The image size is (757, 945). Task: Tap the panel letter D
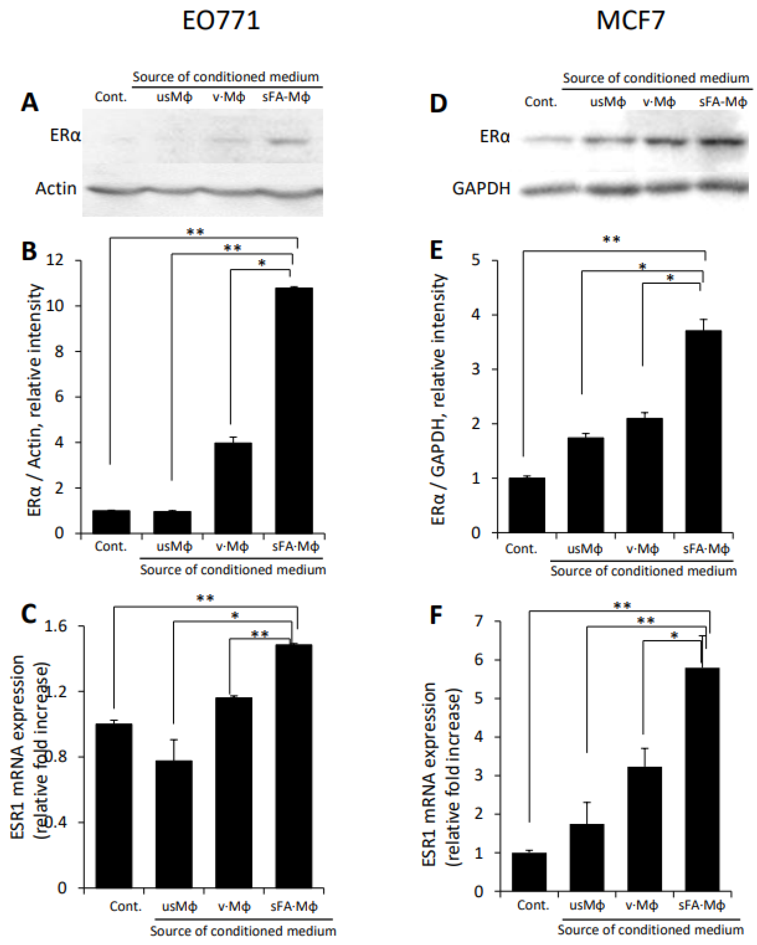point(438,104)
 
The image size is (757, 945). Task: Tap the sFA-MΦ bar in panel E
point(703,432)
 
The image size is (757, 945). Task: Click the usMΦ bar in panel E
point(586,485)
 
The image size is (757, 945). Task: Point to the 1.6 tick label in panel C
point(55,626)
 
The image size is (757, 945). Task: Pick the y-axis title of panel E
point(438,399)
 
